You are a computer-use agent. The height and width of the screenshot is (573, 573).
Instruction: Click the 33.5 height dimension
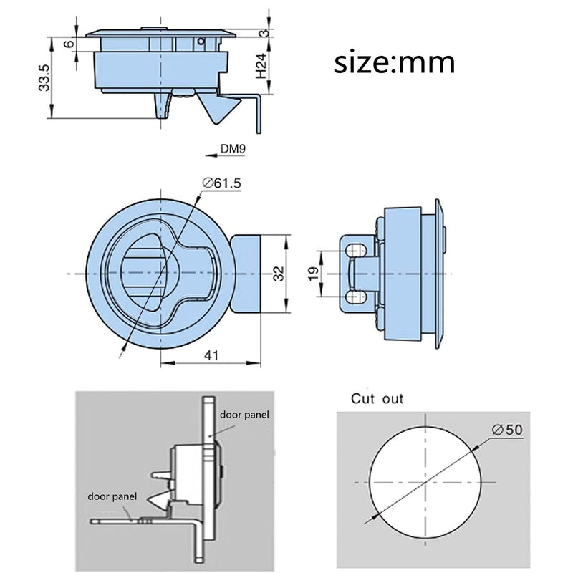coord(44,77)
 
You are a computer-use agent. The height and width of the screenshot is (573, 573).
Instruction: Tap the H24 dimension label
coord(261,66)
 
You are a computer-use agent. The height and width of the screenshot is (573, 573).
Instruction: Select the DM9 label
coord(233,149)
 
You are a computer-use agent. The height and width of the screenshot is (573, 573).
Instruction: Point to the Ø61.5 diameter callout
coord(222,183)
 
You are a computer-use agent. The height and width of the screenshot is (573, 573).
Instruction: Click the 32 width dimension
coord(279,274)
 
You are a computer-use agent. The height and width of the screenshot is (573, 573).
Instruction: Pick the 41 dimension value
coord(211,355)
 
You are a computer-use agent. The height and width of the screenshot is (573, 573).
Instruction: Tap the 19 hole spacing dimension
coord(314,274)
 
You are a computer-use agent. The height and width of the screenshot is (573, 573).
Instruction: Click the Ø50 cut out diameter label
coord(507,429)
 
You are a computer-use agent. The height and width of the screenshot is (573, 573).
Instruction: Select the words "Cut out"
coord(377,399)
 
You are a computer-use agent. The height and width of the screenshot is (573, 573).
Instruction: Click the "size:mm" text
coord(395,62)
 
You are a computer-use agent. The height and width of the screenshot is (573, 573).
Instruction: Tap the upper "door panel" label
coord(244,415)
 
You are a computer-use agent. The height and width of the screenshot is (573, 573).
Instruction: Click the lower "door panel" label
coord(112,496)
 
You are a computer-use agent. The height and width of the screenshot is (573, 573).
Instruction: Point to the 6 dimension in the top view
coord(69,44)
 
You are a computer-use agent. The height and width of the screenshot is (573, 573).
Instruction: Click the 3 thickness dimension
coord(264,33)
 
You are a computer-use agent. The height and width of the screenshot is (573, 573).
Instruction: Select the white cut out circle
coord(425,482)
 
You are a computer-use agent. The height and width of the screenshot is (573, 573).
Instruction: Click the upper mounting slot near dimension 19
coord(356,251)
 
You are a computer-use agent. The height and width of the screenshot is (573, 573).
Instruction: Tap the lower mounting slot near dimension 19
coord(356,297)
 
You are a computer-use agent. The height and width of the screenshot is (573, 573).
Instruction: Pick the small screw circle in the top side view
coord(201,42)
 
